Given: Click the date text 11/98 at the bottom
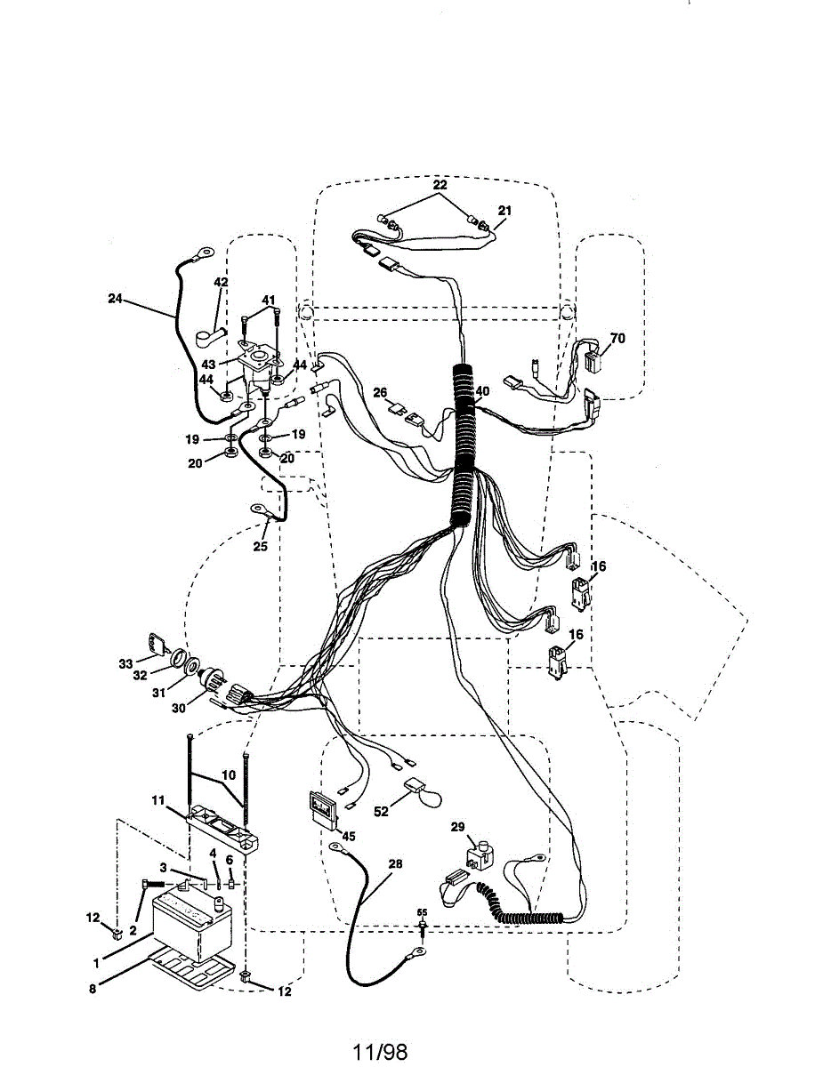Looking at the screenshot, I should [380, 1053].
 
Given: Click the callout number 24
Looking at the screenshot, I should [115, 300].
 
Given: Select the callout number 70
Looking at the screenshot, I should [617, 338].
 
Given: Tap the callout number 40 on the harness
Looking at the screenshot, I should [482, 390].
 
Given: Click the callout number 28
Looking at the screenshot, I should [395, 864].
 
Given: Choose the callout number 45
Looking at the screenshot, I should [348, 835].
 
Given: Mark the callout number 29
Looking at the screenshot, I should [457, 827].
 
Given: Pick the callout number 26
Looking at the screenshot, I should [380, 392].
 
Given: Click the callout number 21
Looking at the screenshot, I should [505, 211].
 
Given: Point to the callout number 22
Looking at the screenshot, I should [440, 185].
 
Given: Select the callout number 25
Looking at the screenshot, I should [260, 546].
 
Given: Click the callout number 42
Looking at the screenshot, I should [221, 282].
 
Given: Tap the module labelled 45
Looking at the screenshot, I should [321, 807].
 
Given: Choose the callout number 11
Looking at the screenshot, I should [157, 800].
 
